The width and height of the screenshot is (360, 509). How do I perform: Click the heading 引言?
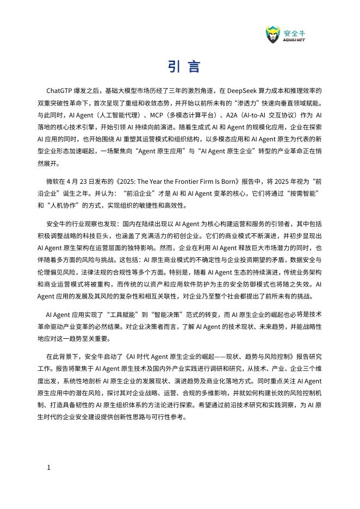click(x=184, y=67)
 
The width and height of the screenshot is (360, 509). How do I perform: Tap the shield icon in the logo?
click(x=273, y=35)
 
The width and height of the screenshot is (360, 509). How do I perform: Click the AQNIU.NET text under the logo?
click(x=294, y=40)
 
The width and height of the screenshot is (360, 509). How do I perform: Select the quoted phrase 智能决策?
click(x=170, y=314)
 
